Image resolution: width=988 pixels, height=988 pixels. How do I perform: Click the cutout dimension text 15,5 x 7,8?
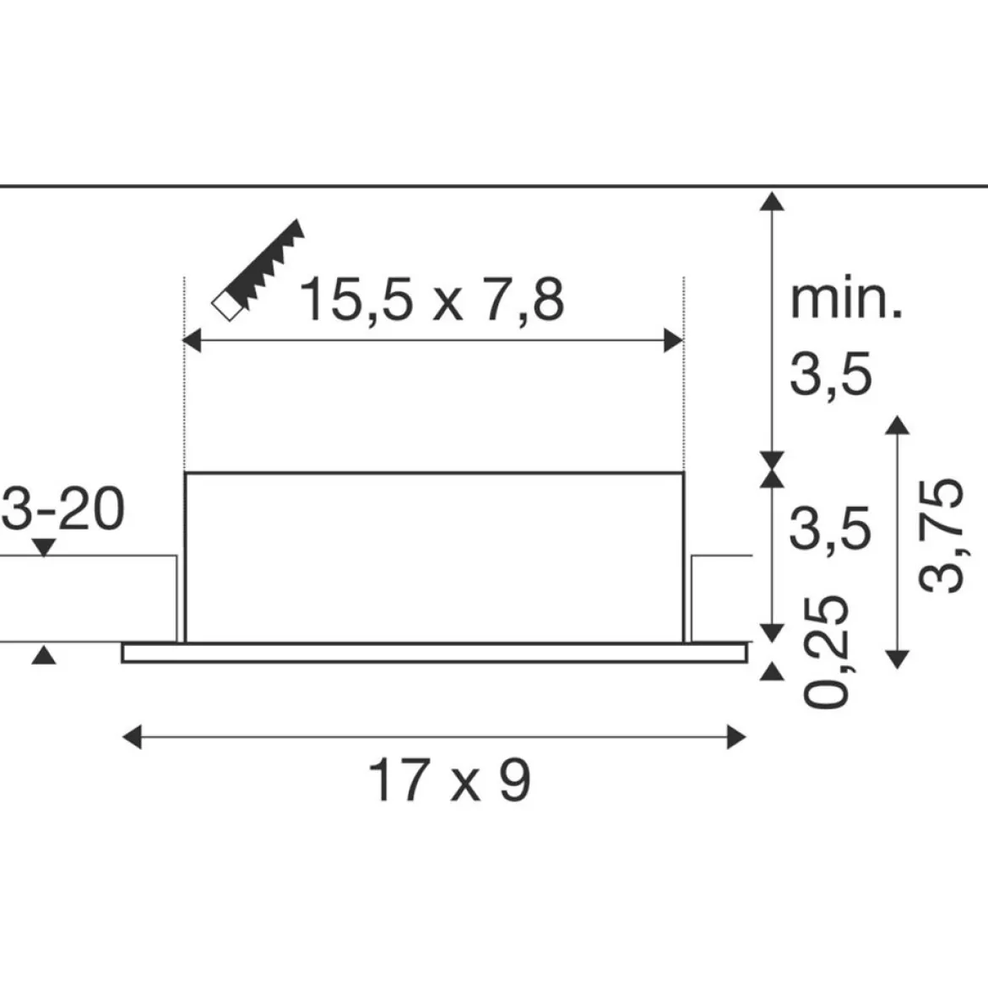[432, 300]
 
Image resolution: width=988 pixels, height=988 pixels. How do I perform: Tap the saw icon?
[258, 270]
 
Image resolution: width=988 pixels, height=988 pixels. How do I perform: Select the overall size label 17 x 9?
[449, 780]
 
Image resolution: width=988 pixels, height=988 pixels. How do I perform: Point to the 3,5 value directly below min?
[831, 374]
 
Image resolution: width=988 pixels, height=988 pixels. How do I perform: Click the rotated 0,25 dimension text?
[826, 651]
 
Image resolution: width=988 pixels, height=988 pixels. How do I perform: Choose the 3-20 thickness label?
[63, 508]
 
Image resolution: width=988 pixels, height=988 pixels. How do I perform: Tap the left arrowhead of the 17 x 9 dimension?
[132, 736]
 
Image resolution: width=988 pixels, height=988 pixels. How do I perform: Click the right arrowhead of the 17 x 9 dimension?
[736, 736]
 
